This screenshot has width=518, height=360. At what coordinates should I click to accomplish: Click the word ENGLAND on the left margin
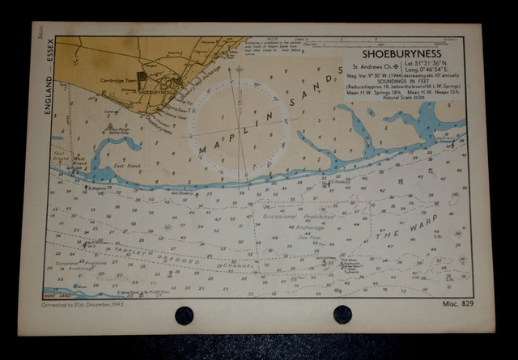point(50,93)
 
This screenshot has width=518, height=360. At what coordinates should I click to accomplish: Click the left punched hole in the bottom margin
point(184,315)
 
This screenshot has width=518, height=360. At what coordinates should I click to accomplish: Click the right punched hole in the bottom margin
point(342,315)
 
